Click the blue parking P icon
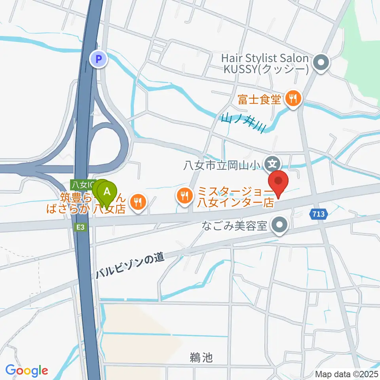coord(99,60)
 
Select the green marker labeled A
coord(107,192)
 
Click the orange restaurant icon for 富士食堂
coord(293,99)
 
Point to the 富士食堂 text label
coord(259,99)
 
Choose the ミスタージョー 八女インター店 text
coord(235,198)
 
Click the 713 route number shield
coord(319,214)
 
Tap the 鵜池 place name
coord(200,358)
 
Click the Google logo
coord(27,371)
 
